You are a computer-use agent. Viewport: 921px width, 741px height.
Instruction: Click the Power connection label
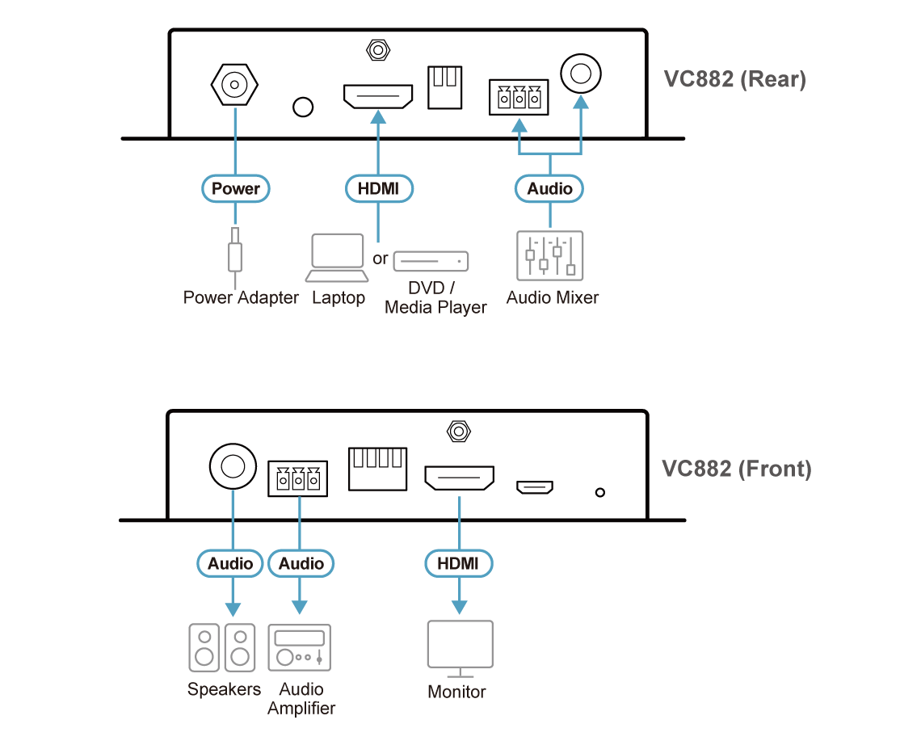[x=235, y=188]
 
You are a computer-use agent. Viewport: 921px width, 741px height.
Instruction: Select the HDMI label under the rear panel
[x=379, y=188]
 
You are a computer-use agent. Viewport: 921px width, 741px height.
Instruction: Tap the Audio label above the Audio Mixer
[x=550, y=188]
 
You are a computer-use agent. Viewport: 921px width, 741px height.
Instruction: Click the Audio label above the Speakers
[x=231, y=563]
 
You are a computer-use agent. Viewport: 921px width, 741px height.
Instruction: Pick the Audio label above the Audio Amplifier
[x=301, y=563]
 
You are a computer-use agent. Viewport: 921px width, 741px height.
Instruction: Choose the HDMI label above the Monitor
[x=459, y=563]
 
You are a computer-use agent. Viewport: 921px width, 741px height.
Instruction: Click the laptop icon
[x=339, y=258]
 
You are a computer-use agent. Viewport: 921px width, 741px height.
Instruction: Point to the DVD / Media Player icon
[x=431, y=261]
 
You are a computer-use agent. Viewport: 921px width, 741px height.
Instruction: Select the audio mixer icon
[x=550, y=257]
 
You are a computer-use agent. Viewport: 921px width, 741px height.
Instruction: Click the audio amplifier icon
[x=300, y=647]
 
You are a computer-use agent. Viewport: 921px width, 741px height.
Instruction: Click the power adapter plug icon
[x=235, y=253]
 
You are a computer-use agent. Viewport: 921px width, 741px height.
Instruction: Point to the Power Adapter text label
[x=241, y=298]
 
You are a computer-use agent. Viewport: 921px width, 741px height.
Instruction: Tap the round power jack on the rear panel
[x=235, y=83]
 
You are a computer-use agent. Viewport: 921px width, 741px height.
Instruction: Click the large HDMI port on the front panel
[x=459, y=479]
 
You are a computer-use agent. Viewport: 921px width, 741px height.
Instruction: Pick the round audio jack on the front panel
[x=232, y=466]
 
